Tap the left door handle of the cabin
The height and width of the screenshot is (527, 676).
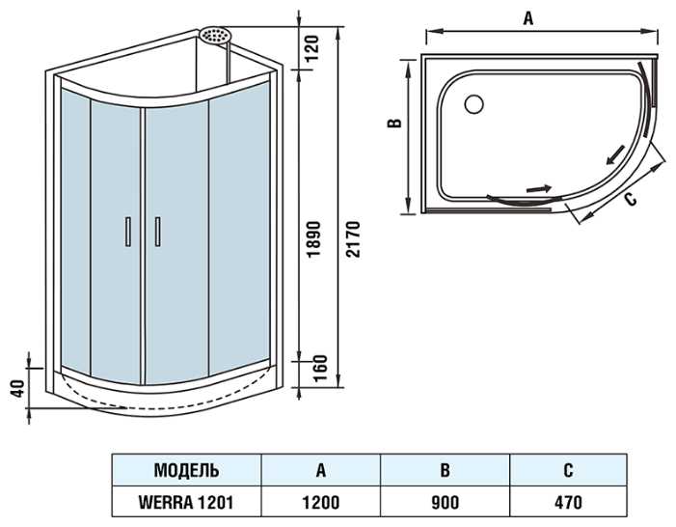coord(125,233)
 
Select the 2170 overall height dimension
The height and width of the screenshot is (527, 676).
coord(353,237)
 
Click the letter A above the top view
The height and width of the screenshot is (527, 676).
coord(527,16)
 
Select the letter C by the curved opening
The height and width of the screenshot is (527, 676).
coord(629,199)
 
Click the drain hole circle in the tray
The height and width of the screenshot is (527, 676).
coord(474,100)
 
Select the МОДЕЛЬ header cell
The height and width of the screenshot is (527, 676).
coord(186,471)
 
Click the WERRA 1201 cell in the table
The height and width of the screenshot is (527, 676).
coord(186,502)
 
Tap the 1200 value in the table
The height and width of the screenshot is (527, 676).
coord(320,502)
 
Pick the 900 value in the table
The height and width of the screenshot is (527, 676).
coord(445,502)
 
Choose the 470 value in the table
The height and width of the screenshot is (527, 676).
coord(568,502)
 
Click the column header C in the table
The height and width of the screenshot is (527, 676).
coord(568,471)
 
